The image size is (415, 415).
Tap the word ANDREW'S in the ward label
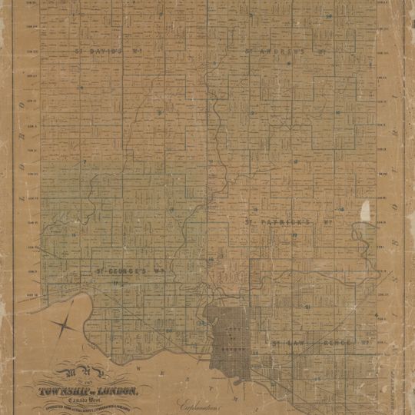[x=276, y=52]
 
